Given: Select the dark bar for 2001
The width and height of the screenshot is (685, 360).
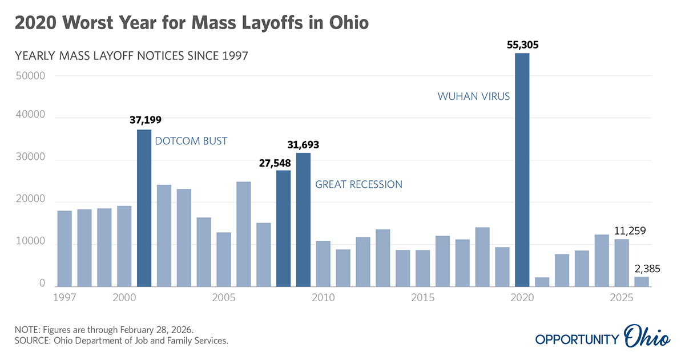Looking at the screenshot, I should (x=144, y=208).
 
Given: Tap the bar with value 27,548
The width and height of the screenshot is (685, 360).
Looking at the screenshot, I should (x=283, y=228).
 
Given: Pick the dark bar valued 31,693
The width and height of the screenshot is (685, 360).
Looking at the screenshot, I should (x=303, y=220).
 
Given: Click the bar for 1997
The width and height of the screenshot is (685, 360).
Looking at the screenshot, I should (x=65, y=249).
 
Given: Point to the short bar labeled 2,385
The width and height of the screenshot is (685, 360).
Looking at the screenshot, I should (x=641, y=281).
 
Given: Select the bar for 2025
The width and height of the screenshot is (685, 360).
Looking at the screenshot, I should (x=621, y=262).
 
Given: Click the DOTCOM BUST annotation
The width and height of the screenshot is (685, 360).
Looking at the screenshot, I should (x=191, y=140).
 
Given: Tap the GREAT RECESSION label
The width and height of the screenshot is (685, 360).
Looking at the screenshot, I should (x=359, y=184).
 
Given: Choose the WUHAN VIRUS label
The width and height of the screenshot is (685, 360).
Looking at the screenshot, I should (x=474, y=96).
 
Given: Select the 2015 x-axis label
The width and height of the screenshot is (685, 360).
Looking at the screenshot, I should (x=422, y=298).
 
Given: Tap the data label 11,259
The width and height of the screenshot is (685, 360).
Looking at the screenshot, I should (x=634, y=231).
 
